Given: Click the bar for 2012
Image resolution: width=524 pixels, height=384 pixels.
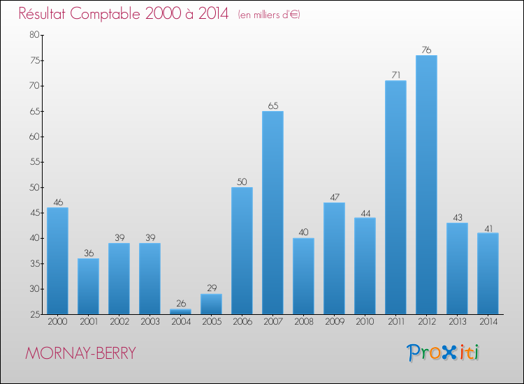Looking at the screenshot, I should pos(426,184).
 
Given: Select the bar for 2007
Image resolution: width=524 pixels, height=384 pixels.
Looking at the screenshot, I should pos(272,212).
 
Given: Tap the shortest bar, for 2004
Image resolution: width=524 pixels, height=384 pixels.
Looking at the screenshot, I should pos(180,311).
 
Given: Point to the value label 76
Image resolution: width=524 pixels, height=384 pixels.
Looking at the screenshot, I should pos(426,50).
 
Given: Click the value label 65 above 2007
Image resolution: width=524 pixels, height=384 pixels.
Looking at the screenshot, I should pos(272,106).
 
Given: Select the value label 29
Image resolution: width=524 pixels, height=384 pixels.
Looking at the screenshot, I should pos(211,288).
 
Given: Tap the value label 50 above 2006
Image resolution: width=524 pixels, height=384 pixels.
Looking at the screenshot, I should pos(242,182).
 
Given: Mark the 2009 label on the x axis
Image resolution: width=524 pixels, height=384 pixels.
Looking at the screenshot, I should pos(334,322).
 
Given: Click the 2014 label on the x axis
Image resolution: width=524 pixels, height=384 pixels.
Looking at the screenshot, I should pos(488,322).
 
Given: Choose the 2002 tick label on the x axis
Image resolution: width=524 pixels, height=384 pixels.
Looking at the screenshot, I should pos(119,322).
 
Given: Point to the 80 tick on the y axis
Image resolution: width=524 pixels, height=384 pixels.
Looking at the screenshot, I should pos(34,35).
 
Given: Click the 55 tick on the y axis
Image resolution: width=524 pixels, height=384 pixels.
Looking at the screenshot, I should pos(34,162).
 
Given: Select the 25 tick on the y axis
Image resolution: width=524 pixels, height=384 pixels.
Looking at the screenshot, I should pos(34,314).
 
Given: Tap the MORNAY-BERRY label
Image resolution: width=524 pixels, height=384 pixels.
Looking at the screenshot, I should pos(80,353).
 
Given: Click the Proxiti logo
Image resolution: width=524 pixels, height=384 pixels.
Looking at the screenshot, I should pos(443,353).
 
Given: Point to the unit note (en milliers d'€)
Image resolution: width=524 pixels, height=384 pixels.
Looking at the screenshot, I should pos(269,15).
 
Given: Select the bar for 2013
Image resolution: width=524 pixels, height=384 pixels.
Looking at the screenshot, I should pos(457,268).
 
